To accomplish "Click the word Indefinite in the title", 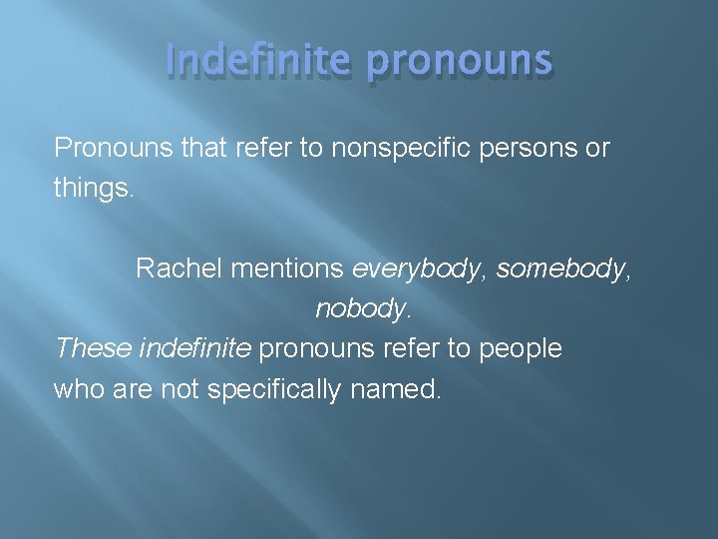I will click(256, 61).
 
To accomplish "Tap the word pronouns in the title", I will click(458, 61).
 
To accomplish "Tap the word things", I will click(93, 188).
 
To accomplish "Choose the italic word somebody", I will click(561, 269).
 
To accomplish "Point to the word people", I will click(521, 349).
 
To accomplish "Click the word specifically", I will click(273, 389).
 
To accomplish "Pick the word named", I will click(395, 389).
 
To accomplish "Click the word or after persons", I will click(597, 148).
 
